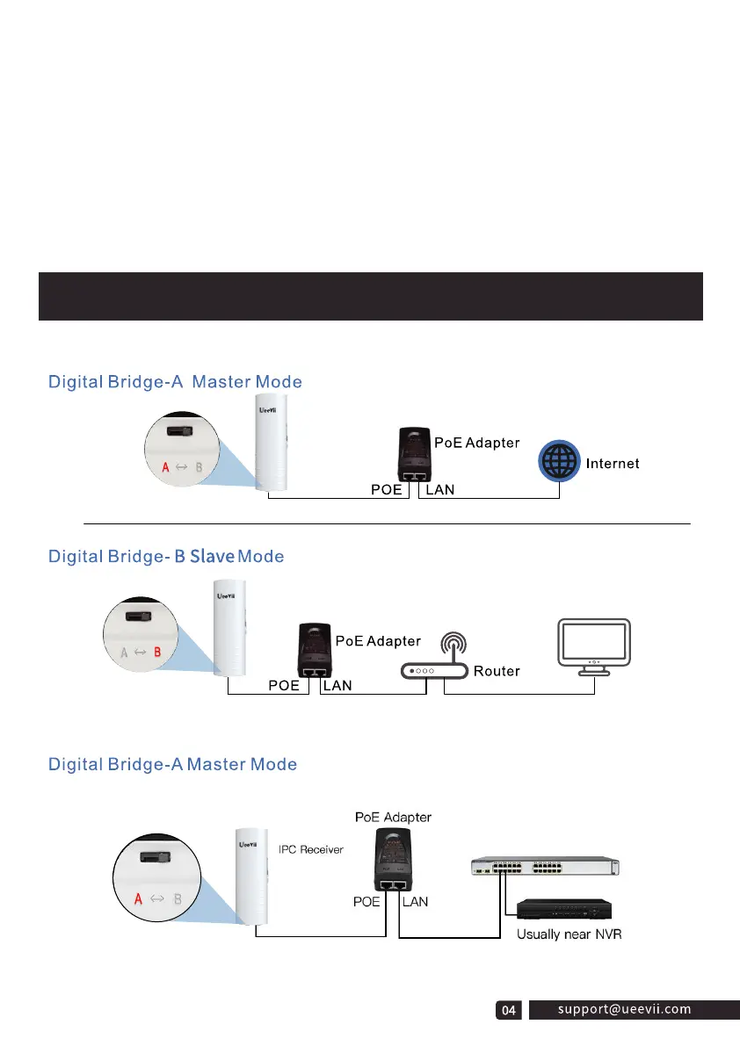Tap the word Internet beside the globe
coord(613,463)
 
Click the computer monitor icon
coord(594,646)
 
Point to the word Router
coord(497,672)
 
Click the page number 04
coord(508,1012)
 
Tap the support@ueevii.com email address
coord(624,1010)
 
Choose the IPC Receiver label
coord(311,849)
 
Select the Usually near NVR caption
coord(569,934)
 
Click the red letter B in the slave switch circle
coord(157,653)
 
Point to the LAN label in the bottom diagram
coord(416,901)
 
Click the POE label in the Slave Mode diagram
coord(289,686)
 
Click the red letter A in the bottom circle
coord(138,899)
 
